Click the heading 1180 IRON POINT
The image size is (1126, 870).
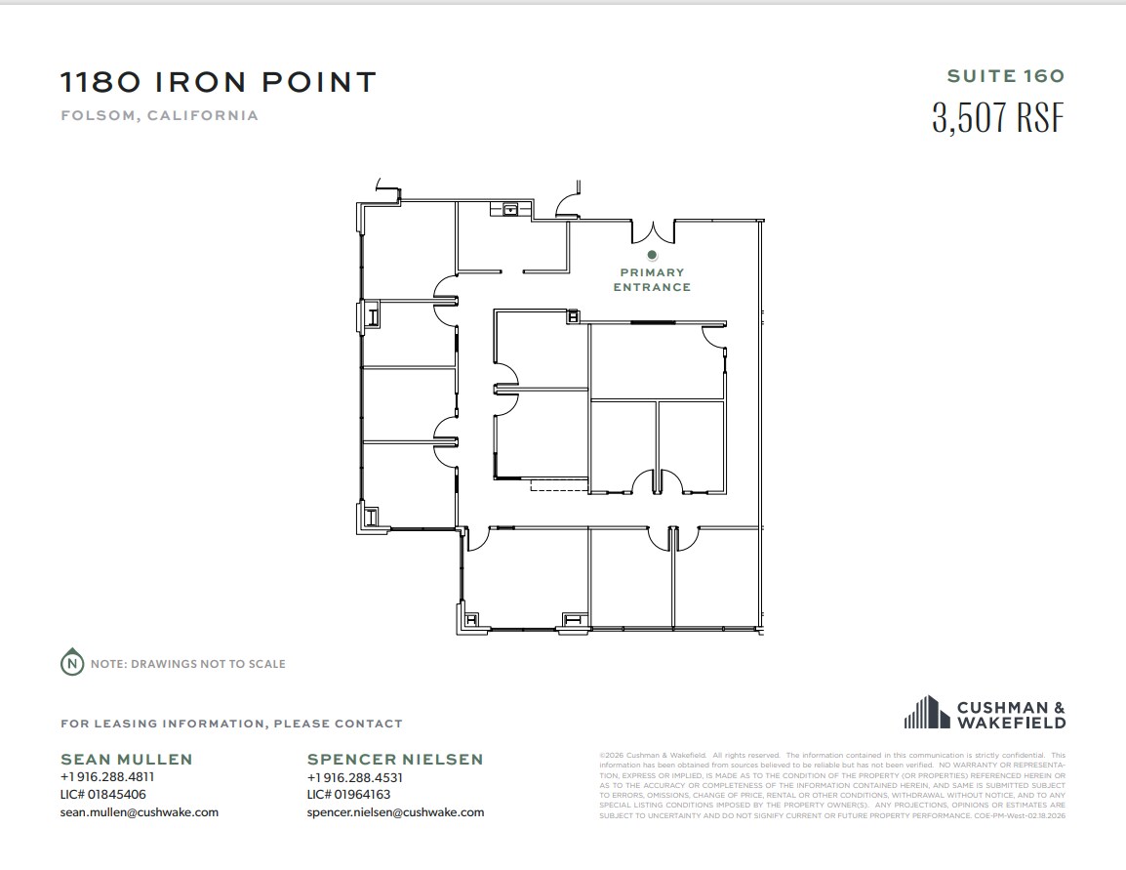pyautogui.click(x=218, y=82)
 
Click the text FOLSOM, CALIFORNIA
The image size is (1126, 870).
pyautogui.click(x=159, y=115)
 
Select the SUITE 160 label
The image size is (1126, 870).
pyautogui.click(x=1005, y=76)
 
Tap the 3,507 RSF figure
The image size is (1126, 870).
pyautogui.click(x=997, y=118)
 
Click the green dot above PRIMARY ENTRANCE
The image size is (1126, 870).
pyautogui.click(x=652, y=255)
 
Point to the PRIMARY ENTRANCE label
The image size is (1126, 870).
pyautogui.click(x=651, y=280)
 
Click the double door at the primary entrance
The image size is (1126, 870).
pyautogui.click(x=652, y=232)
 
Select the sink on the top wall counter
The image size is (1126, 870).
pyautogui.click(x=509, y=208)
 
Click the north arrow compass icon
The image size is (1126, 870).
pyautogui.click(x=71, y=663)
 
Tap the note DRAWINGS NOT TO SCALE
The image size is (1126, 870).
pyautogui.click(x=188, y=664)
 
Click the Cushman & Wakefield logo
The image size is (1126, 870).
pyautogui.click(x=985, y=714)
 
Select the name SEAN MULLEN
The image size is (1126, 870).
pyautogui.click(x=127, y=759)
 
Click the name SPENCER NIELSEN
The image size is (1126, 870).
pyautogui.click(x=395, y=759)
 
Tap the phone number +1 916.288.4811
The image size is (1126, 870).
pyautogui.click(x=107, y=777)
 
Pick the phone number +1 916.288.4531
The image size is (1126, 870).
pyautogui.click(x=354, y=777)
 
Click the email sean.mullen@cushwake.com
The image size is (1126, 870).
pyautogui.click(x=140, y=811)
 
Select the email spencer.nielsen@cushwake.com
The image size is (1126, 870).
pyautogui.click(x=395, y=811)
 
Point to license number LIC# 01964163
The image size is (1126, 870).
pyautogui.click(x=348, y=795)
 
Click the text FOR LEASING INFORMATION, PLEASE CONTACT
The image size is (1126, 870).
pyautogui.click(x=231, y=724)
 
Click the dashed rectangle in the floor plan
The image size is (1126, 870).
pyautogui.click(x=559, y=484)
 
